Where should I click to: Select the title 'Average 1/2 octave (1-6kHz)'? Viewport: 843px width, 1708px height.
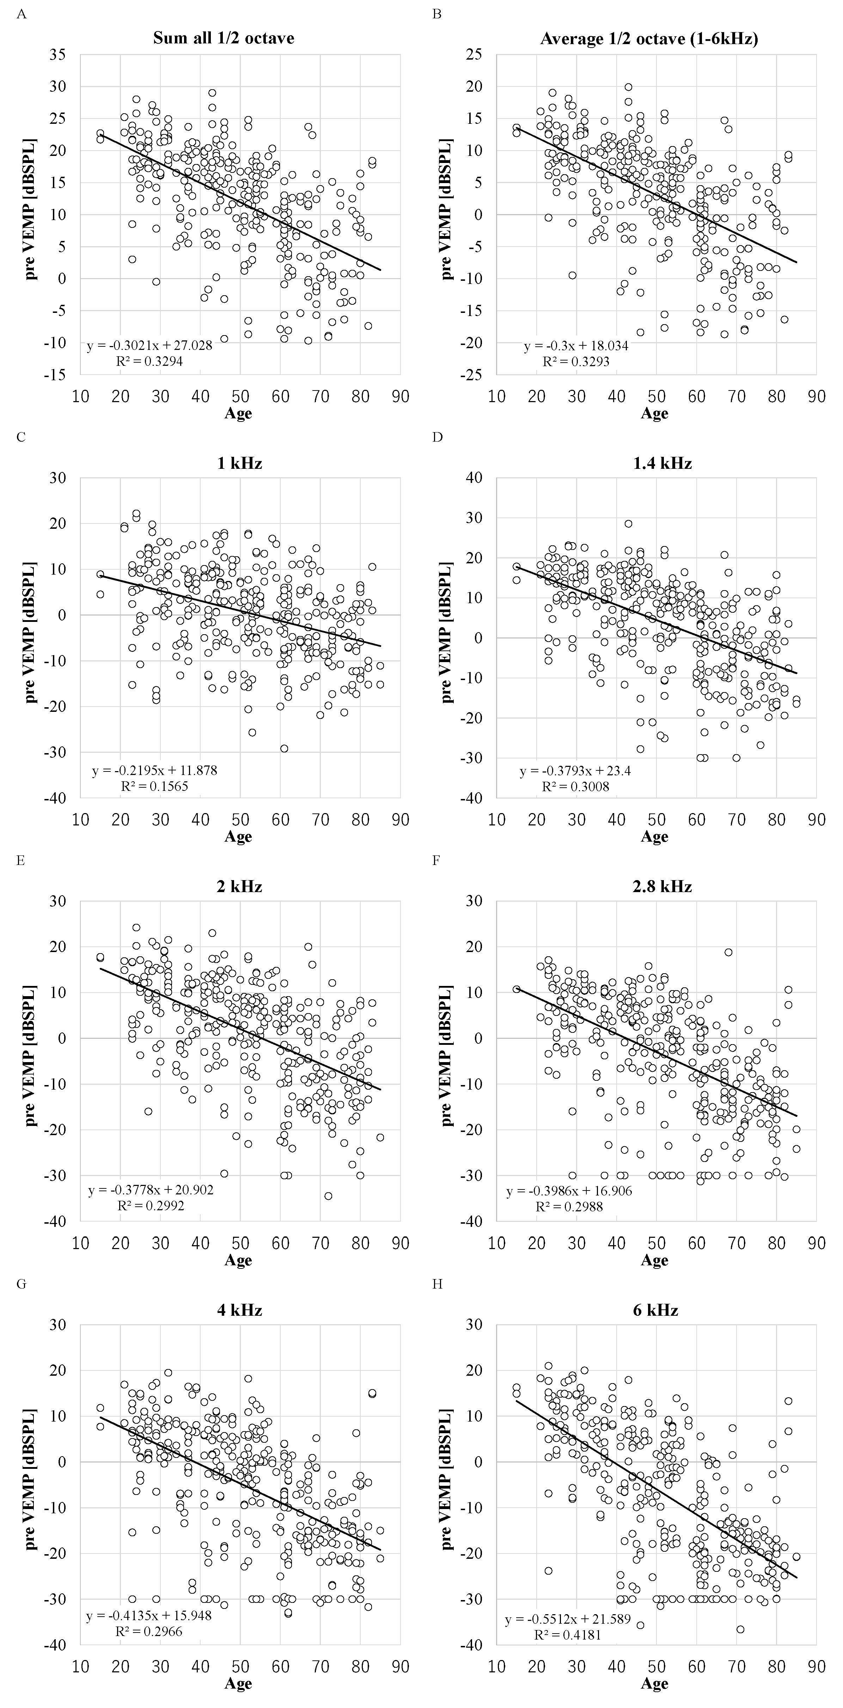pyautogui.click(x=649, y=38)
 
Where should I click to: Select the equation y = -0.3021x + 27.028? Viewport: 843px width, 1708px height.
pyautogui.click(x=149, y=346)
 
